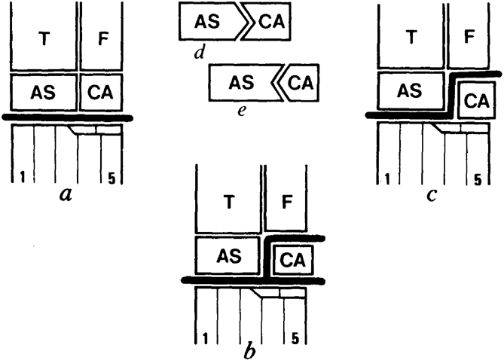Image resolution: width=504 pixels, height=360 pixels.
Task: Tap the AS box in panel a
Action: [43, 92]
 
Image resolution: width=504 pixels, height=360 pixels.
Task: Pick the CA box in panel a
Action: [102, 92]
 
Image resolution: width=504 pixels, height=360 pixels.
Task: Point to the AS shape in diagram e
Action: [242, 81]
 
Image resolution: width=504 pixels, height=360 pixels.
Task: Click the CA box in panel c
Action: [475, 99]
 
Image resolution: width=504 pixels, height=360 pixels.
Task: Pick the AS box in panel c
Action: [411, 92]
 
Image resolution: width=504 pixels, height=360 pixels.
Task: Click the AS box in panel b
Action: [228, 256]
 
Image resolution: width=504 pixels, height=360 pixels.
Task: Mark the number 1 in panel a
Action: [23, 176]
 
